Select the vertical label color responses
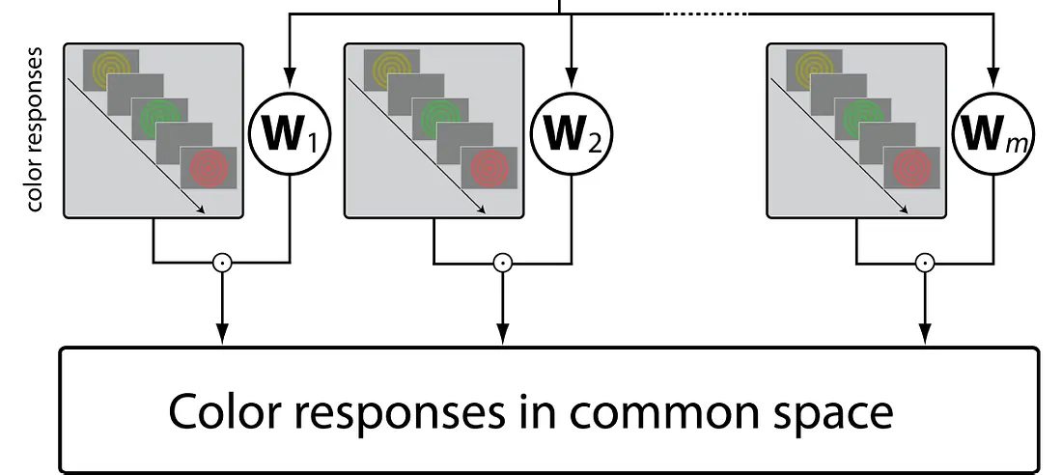(36, 128)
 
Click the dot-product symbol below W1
(223, 262)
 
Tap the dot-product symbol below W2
(501, 262)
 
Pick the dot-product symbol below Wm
(924, 262)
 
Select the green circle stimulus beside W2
(440, 117)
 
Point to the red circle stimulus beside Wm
(911, 167)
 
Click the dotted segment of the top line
(706, 14)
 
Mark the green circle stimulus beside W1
(159, 117)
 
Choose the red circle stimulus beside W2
(489, 167)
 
